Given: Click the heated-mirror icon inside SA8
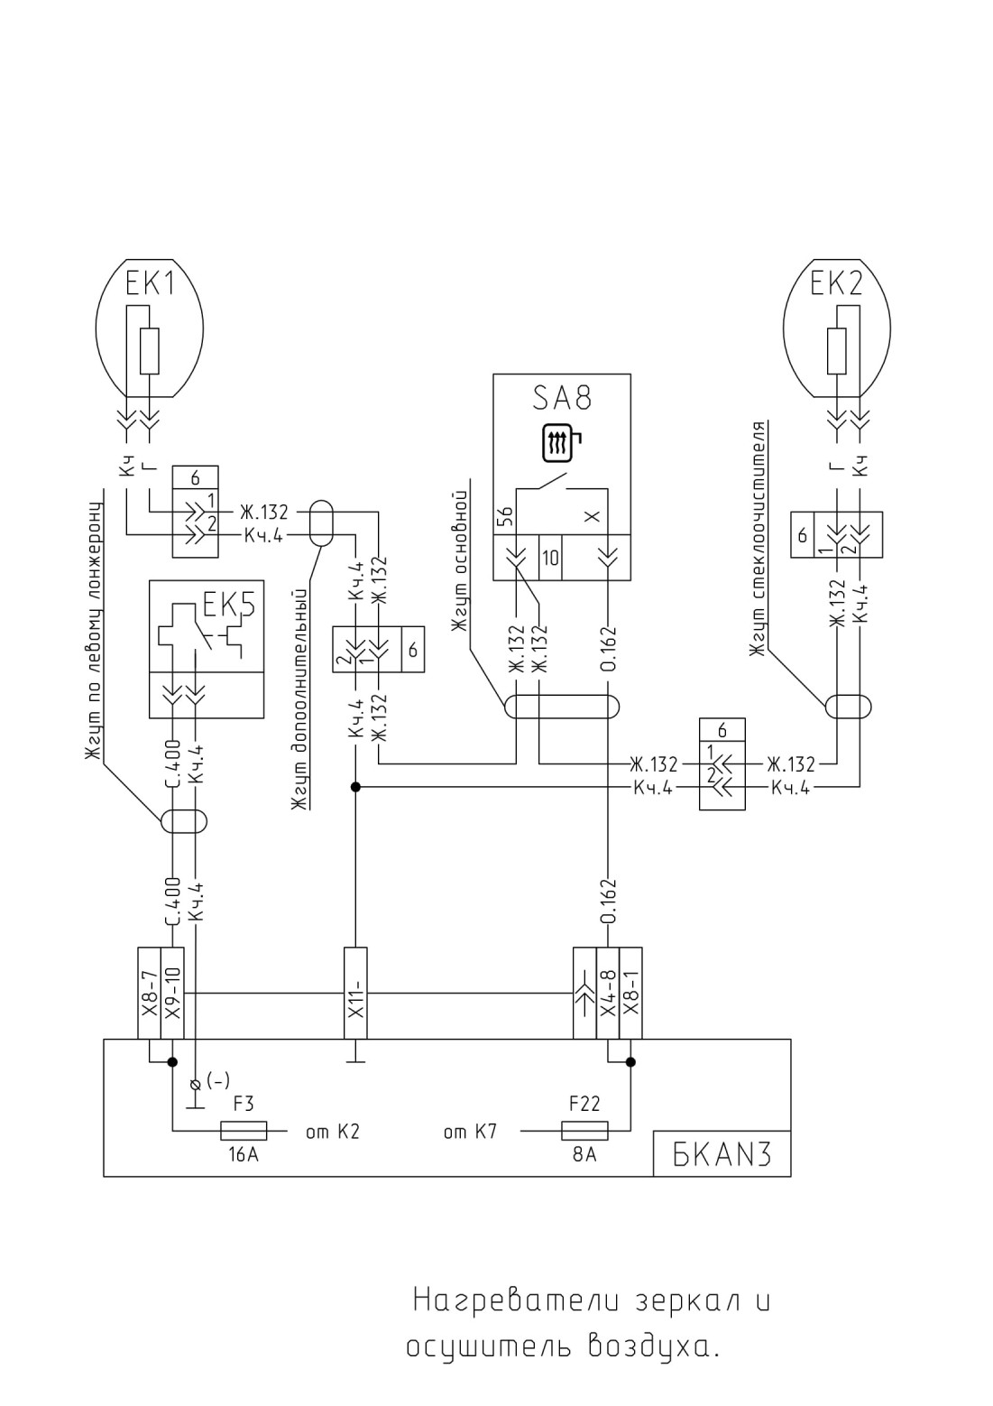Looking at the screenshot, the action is [x=561, y=445].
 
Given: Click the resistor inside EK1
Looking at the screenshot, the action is [x=150, y=351].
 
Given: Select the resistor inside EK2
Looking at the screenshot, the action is [x=838, y=351].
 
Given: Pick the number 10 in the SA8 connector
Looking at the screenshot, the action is [x=550, y=558].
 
